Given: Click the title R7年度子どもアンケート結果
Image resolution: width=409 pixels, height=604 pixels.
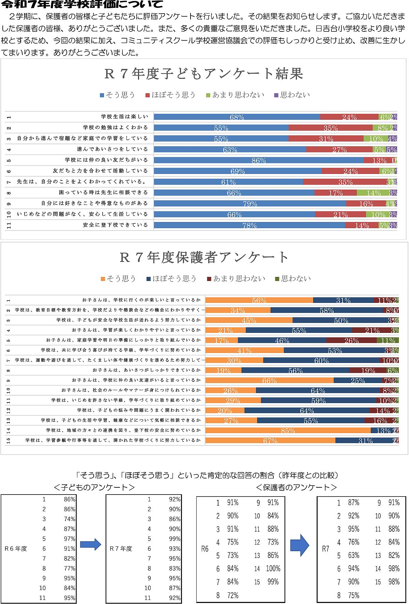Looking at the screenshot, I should [x=203, y=74].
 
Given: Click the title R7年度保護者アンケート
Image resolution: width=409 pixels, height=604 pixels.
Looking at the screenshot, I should [x=204, y=258].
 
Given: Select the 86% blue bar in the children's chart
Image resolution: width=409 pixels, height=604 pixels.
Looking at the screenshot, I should [x=259, y=160].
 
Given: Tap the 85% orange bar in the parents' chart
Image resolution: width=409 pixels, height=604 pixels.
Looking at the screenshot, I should [x=288, y=430].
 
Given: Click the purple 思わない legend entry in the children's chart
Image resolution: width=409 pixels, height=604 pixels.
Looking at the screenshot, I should [x=292, y=95].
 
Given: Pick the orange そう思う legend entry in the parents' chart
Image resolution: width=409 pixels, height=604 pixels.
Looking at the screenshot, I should [x=118, y=279].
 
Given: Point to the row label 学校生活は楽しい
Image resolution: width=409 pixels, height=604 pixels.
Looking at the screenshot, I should [x=124, y=117].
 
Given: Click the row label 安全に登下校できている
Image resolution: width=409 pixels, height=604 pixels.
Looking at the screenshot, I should [x=115, y=225].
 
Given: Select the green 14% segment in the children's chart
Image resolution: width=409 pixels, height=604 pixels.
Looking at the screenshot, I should [x=373, y=193].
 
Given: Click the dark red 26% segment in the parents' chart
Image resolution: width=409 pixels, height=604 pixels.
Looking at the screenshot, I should [x=351, y=340].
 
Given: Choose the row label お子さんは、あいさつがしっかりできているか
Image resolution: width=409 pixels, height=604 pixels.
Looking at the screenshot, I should [x=147, y=370].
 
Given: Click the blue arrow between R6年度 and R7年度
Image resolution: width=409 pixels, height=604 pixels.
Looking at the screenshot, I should [x=90, y=544].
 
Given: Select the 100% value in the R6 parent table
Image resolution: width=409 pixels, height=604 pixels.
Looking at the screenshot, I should [x=273, y=569].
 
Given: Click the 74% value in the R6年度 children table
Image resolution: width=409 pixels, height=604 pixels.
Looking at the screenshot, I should [x=70, y=519].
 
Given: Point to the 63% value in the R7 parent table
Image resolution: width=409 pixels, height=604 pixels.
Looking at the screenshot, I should [x=353, y=555].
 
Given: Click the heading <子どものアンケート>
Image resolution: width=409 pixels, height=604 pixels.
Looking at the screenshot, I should [x=94, y=488].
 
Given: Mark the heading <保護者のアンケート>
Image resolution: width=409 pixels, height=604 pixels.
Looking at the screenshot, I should [x=296, y=488].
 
